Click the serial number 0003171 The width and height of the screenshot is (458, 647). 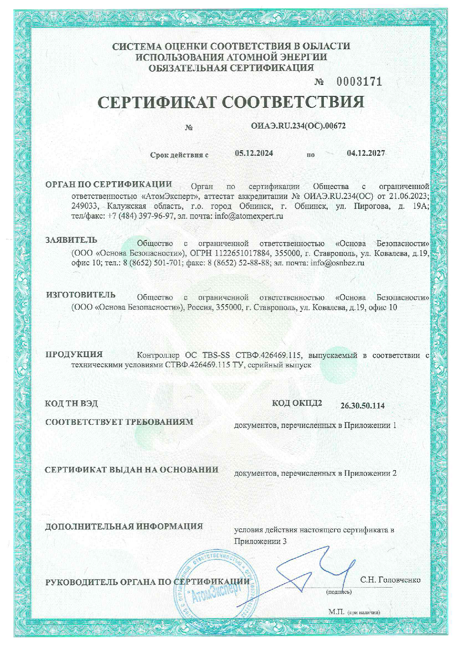[x=359, y=82]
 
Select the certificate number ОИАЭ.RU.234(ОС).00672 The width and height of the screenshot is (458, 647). [x=298, y=126]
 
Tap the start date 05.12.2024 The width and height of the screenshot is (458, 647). [x=254, y=154]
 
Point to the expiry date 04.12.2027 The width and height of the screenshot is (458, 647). [x=366, y=153]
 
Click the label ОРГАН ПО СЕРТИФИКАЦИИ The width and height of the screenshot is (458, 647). [x=109, y=185]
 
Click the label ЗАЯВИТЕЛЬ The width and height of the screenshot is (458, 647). [x=71, y=240]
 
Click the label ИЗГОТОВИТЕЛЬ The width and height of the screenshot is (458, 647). [x=81, y=295]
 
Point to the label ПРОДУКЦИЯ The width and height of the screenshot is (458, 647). [x=74, y=355]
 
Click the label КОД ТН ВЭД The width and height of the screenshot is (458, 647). [x=71, y=403]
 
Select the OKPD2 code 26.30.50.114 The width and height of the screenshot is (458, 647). [x=362, y=406]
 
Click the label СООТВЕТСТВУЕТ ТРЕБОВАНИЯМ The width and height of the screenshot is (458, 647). [x=119, y=422]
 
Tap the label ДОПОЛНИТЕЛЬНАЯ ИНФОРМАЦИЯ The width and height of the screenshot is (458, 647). [x=124, y=526]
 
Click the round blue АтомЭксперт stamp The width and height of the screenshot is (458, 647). [x=216, y=587]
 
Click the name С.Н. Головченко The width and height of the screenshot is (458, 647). [x=390, y=580]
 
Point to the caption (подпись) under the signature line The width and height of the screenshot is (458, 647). [x=339, y=592]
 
